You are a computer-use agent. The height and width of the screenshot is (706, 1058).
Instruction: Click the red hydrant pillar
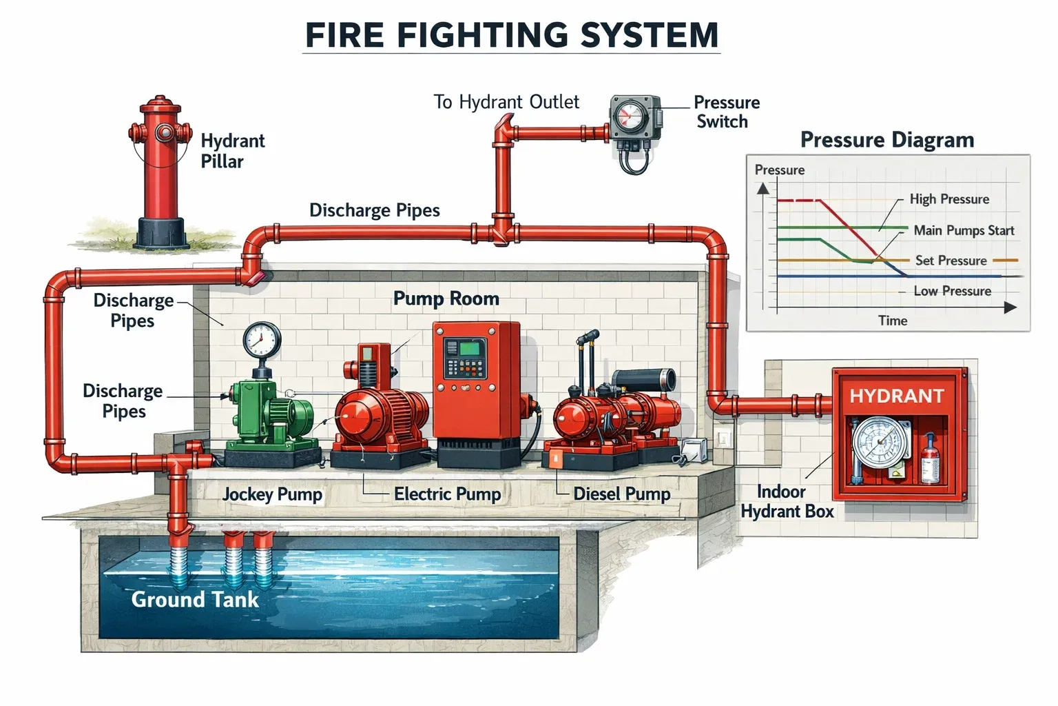pos(160,172)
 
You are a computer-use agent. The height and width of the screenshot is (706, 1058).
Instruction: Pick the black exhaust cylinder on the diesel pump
pos(644,379)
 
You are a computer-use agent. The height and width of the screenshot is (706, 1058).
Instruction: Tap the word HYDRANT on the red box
pos(896,396)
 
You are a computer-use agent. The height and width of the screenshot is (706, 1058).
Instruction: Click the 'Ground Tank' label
pos(195,599)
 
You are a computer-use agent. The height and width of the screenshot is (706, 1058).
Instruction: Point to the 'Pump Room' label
pos(446,299)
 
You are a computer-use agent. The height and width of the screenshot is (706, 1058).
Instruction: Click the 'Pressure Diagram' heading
pos(886,140)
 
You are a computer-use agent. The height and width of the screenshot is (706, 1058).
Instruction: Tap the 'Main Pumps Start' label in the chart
pos(963,230)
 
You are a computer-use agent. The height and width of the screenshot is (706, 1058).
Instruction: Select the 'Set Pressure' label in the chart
pos(951,261)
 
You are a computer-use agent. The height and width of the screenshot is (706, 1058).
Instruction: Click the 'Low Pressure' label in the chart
pos(952,291)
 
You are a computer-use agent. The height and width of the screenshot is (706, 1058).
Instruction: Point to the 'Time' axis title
pos(892,321)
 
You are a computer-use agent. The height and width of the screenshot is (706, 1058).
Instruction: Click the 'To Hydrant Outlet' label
pos(506,102)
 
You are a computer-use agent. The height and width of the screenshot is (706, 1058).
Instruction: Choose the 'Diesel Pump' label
pos(621,494)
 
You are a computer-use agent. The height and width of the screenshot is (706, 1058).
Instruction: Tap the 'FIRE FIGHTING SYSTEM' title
pos(512,34)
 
